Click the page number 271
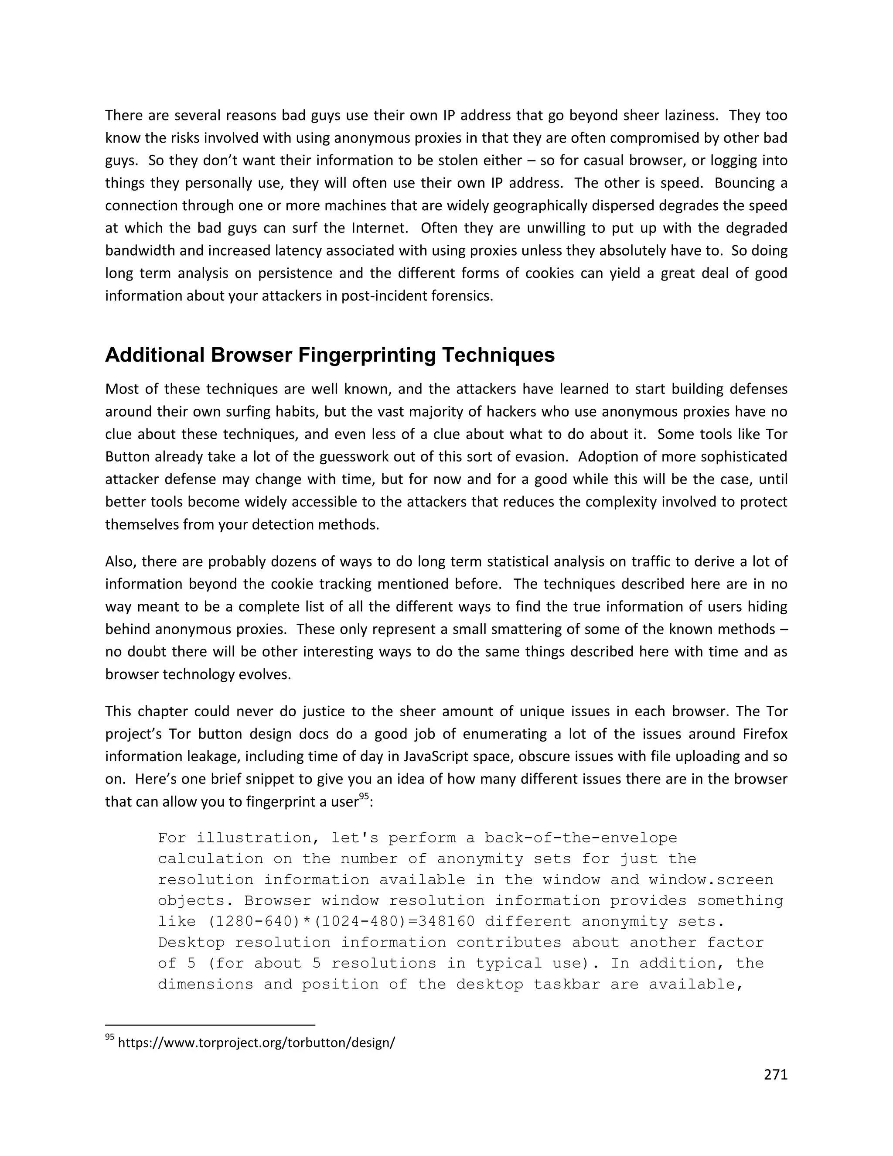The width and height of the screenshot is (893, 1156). [x=776, y=1075]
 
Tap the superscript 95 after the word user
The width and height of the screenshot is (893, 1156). [x=364, y=796]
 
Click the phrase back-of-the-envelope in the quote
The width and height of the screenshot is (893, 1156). [x=581, y=838]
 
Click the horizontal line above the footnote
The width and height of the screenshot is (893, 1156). [x=210, y=1025]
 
